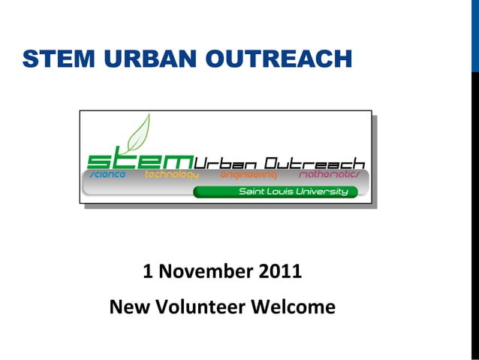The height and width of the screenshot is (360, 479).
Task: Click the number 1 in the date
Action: (x=147, y=271)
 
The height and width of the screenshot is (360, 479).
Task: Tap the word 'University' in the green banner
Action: (x=324, y=192)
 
